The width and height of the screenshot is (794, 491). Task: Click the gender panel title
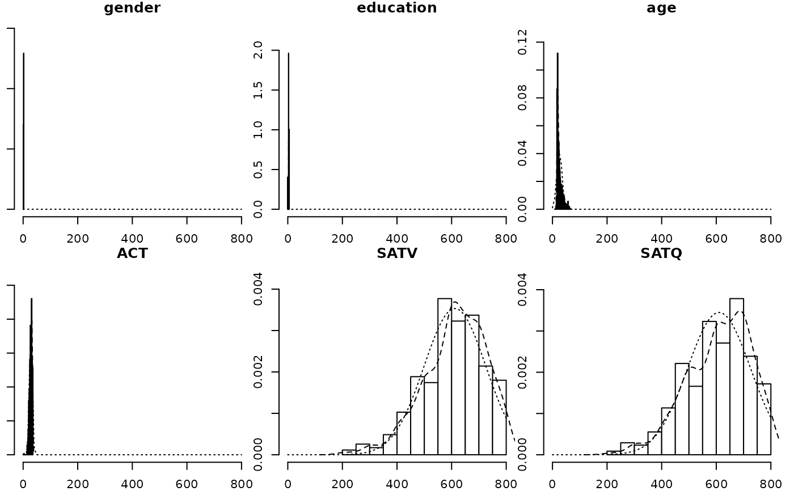coord(132,8)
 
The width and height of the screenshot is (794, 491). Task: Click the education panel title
coord(396,8)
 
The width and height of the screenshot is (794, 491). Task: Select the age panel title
coord(661,8)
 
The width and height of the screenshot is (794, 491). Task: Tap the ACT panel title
coord(132,253)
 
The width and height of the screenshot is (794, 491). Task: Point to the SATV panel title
coord(396,253)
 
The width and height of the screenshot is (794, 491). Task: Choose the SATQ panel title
coord(661,253)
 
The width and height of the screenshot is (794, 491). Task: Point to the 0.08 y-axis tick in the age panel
coord(522,98)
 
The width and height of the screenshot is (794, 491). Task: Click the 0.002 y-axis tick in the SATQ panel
coord(522,372)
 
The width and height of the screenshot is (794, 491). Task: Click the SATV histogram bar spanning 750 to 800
coord(499,417)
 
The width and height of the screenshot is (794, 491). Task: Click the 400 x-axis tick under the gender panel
coord(132,223)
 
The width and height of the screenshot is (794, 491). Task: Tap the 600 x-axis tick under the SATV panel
coord(451,468)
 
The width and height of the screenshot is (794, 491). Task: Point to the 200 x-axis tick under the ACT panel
coord(78,468)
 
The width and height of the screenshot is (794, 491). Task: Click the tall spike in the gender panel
coord(23,130)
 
